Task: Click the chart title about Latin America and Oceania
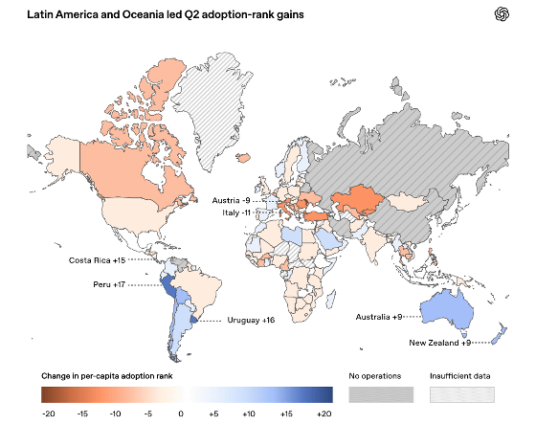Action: click(x=166, y=14)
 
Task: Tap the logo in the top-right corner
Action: click(x=502, y=14)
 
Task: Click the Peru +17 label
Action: click(x=109, y=284)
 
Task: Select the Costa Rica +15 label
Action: click(x=97, y=260)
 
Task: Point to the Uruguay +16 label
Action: click(x=251, y=320)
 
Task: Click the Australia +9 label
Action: click(x=379, y=317)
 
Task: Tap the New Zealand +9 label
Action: click(x=440, y=343)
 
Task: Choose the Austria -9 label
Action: click(x=231, y=200)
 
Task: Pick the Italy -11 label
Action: click(x=236, y=212)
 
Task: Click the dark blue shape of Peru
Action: click(x=168, y=286)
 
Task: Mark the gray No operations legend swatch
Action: click(x=381, y=394)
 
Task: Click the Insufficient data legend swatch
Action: click(x=461, y=394)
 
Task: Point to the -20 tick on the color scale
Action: click(x=48, y=414)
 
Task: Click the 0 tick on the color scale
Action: click(x=181, y=414)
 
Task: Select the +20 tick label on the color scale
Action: click(x=324, y=414)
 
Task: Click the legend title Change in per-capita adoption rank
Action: click(x=107, y=376)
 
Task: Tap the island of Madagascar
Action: click(x=330, y=299)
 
